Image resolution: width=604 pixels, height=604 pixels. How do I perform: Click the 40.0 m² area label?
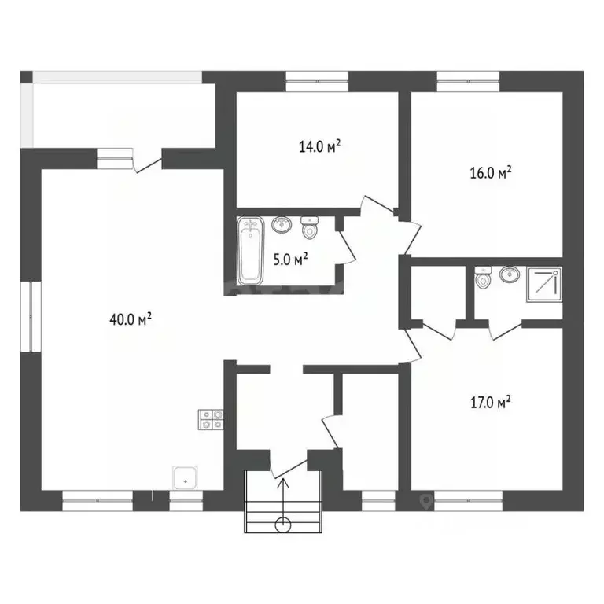tap(131, 319)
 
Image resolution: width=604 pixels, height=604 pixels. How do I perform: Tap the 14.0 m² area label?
tap(320, 146)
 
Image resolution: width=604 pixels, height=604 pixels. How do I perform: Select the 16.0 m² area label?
tap(491, 172)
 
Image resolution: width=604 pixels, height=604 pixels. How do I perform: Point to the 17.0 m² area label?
tap(491, 402)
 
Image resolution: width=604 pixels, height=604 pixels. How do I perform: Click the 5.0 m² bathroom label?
tap(290, 260)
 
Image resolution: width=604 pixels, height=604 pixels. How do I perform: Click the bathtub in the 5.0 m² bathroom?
tap(250, 251)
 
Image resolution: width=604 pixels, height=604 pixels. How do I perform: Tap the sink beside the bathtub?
tap(282, 225)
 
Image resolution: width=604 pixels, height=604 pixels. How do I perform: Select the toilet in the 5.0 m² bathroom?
tap(309, 227)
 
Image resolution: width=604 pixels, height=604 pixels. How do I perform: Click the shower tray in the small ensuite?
tap(544, 284)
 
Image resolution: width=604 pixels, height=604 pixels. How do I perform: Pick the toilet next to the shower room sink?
tap(483, 278)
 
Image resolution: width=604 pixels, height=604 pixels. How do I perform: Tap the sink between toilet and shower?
tap(510, 274)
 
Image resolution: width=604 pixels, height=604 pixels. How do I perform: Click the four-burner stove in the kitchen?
tap(211, 419)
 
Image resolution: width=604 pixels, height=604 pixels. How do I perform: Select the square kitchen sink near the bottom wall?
tap(186, 477)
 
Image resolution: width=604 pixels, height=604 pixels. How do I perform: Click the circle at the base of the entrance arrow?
tap(283, 525)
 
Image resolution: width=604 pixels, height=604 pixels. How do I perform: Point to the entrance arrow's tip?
tap(283, 478)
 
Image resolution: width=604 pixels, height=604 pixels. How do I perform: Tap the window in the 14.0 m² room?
tap(317, 81)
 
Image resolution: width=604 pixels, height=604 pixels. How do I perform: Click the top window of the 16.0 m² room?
tap(468, 81)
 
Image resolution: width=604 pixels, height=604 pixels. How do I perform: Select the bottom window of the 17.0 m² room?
tap(468, 501)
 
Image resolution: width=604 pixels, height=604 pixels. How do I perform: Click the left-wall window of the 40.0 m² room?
tap(31, 316)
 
